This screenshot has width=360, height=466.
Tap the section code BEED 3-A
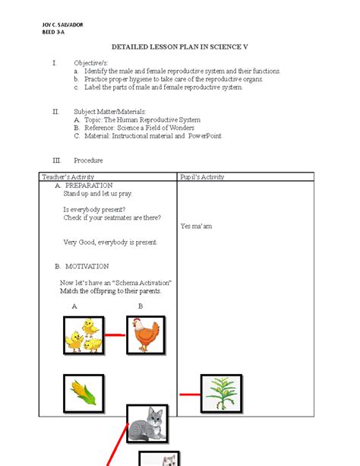[x=53, y=33]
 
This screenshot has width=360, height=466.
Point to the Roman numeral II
[x=55, y=112]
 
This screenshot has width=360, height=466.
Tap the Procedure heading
[x=88, y=160]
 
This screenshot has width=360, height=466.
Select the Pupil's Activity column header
[x=202, y=177]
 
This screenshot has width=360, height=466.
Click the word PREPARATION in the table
[x=89, y=185]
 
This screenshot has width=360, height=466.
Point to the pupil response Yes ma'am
[x=196, y=227]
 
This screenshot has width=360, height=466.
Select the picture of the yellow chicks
[x=84, y=335]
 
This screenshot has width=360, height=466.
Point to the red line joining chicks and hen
[x=115, y=334]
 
